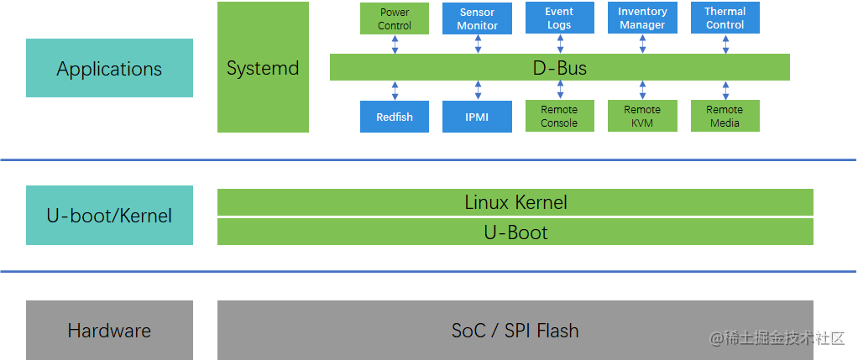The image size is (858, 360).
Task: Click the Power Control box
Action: [x=395, y=18]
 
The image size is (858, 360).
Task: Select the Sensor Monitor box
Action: [x=477, y=18]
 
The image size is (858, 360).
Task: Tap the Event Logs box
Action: [x=559, y=18]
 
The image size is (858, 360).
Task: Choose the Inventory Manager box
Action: [x=642, y=18]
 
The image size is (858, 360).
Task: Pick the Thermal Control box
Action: [x=725, y=18]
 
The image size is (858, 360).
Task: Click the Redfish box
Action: [x=395, y=117]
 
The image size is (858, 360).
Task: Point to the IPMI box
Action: [x=477, y=117]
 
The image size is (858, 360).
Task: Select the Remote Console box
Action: [x=559, y=117]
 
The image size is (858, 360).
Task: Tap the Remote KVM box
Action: [x=642, y=117]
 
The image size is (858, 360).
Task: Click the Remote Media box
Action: [x=725, y=117]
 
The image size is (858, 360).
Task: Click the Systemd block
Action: [x=263, y=67]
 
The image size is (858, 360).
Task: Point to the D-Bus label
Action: [x=560, y=68]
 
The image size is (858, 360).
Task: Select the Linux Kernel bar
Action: [x=515, y=202]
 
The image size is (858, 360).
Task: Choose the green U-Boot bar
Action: [x=515, y=232]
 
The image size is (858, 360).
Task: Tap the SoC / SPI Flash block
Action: [x=515, y=331]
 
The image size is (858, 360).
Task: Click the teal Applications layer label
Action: [x=109, y=68]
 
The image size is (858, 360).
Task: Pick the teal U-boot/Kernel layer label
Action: [x=109, y=216]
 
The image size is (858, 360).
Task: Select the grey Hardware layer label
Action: [x=109, y=331]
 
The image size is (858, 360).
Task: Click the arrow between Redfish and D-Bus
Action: [x=395, y=91]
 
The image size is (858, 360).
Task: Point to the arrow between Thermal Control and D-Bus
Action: [x=725, y=44]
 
